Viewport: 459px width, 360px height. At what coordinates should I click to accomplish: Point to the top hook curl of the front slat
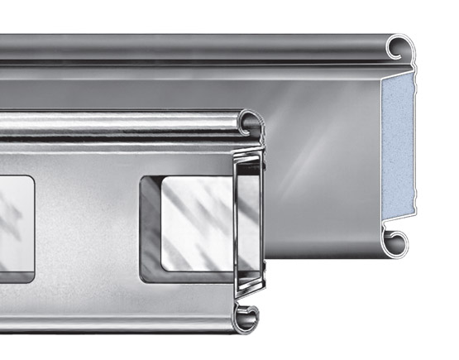(x=250, y=123)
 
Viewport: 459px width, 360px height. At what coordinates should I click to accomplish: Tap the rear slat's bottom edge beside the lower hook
(x=347, y=248)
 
